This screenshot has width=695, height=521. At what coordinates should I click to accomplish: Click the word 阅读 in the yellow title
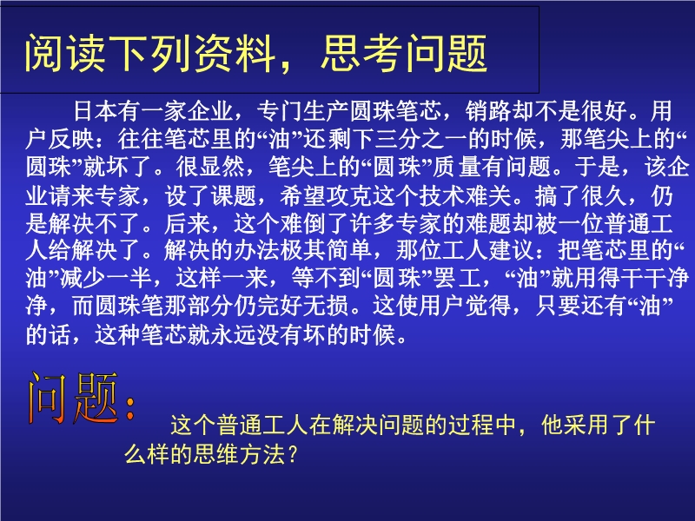(64, 54)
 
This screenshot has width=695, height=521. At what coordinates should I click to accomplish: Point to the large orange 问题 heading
(73, 399)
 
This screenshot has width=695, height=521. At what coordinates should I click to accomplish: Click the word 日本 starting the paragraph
(96, 111)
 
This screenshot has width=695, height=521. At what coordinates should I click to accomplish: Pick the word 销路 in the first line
(488, 111)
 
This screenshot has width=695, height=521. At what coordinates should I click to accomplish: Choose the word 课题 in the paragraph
(234, 195)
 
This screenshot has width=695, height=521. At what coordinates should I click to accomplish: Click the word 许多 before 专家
(373, 223)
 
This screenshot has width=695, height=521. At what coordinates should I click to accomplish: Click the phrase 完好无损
(302, 307)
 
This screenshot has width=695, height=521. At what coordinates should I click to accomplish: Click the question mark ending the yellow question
(292, 453)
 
